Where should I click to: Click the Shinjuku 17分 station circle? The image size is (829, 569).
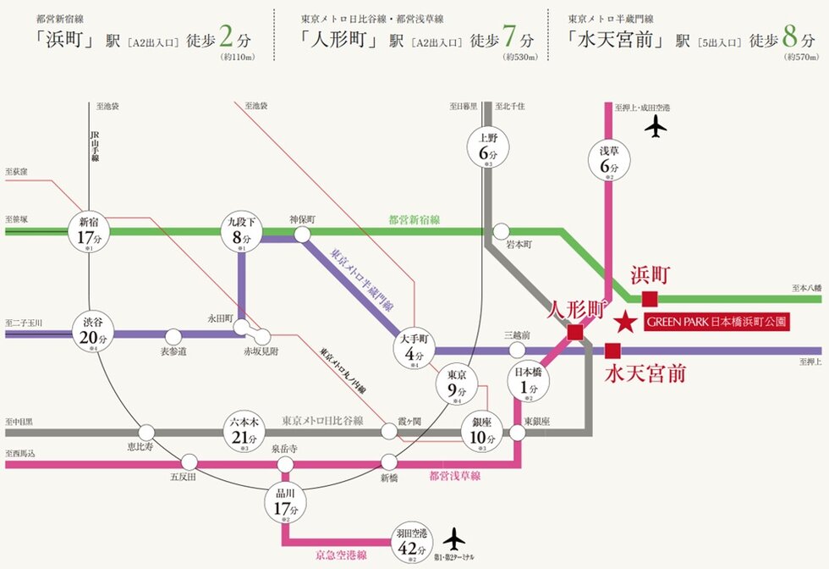coord(89,230)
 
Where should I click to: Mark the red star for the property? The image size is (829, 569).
coord(625,322)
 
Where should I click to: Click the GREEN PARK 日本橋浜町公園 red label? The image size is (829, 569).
coord(716,322)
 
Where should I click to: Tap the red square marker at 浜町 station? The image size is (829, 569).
coord(650,298)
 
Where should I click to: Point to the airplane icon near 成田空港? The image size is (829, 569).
coord(655,127)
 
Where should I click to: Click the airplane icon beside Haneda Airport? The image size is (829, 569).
coord(454,538)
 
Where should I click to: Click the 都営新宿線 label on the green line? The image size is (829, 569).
coord(414,219)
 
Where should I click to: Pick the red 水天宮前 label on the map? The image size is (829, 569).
coord(645,374)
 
